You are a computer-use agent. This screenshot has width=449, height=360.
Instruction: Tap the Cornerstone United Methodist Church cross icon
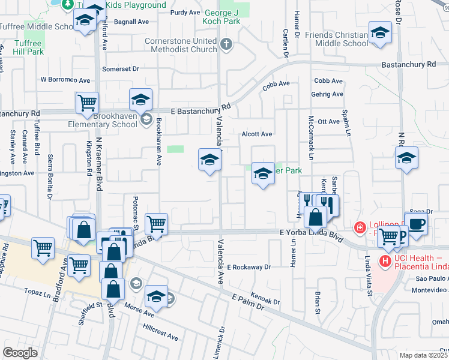(x=226, y=44)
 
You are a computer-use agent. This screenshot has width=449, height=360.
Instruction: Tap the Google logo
(x=20, y=353)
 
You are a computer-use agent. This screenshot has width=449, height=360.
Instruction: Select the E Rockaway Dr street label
(x=249, y=266)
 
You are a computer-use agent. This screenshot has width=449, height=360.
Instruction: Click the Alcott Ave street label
(x=257, y=134)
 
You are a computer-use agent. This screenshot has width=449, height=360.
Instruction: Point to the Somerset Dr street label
(x=121, y=69)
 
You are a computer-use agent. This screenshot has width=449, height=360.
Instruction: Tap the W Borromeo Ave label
(x=65, y=79)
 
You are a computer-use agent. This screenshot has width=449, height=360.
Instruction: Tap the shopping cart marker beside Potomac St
(x=156, y=224)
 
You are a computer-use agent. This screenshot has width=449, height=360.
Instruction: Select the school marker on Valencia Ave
(x=209, y=160)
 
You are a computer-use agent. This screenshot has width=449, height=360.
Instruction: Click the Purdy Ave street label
(x=185, y=12)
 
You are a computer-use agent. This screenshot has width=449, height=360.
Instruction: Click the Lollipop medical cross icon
(x=359, y=227)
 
